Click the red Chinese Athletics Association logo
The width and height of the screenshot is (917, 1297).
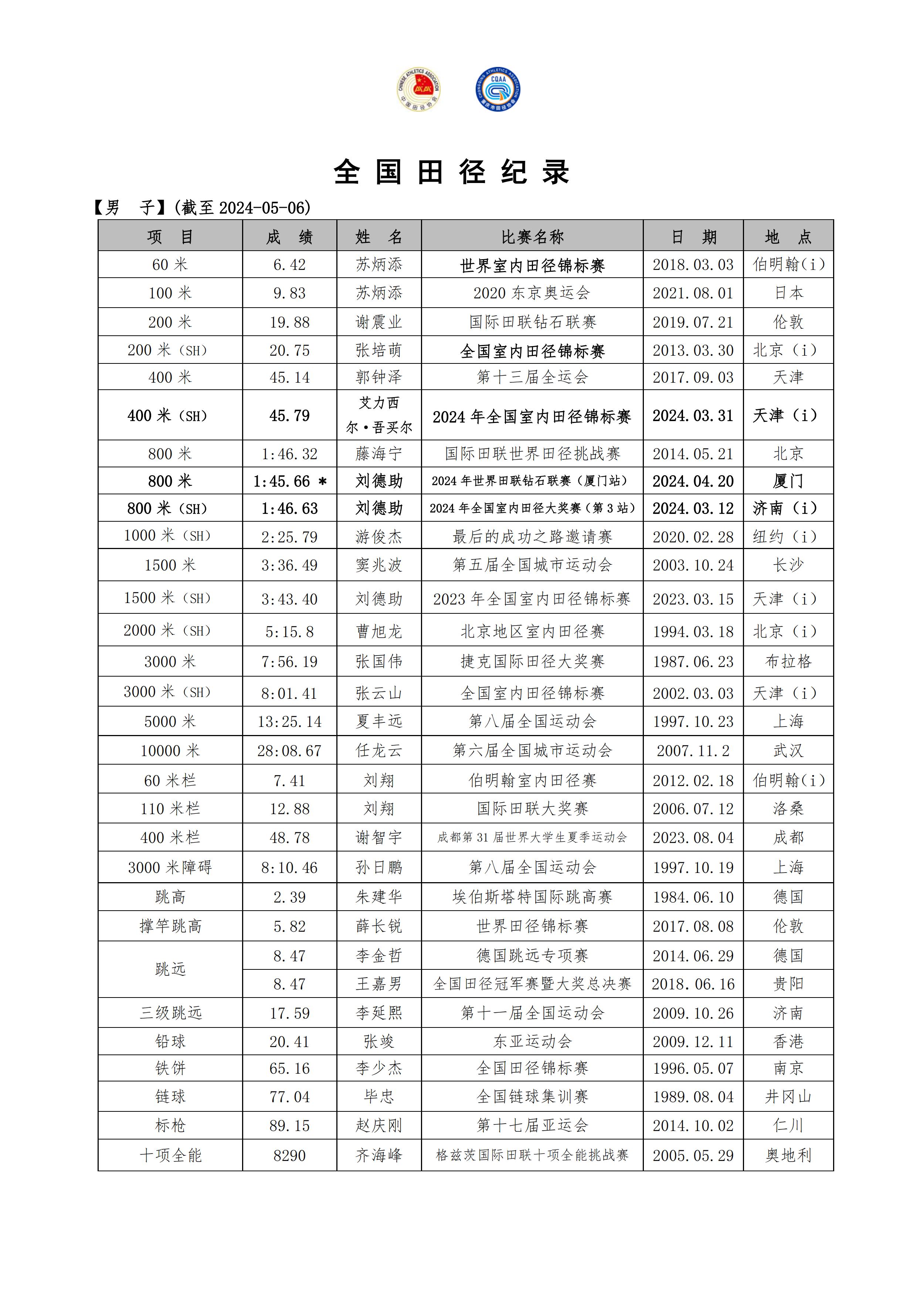click(418, 89)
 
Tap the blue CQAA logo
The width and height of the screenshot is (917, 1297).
click(497, 89)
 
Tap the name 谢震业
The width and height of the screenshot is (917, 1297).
click(379, 322)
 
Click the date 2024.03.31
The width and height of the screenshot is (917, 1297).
click(693, 416)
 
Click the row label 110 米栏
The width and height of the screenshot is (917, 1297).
click(170, 809)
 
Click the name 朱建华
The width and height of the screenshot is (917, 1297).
click(379, 897)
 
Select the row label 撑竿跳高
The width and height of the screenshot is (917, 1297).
click(170, 927)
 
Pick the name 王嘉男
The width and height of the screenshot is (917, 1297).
click(379, 984)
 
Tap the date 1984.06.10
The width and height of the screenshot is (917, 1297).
click(693, 897)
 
